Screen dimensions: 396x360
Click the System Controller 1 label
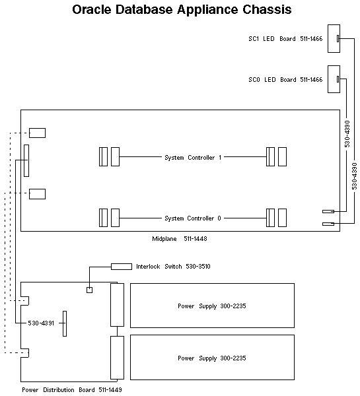[193, 157]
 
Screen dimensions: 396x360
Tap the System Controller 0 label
[193, 218]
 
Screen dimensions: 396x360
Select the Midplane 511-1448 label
[180, 238]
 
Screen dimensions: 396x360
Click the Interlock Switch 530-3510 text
[173, 267]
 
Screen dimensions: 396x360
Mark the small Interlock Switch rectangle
[121, 267]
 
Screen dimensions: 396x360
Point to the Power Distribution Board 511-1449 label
[71, 389]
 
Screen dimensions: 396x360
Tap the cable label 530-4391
[41, 323]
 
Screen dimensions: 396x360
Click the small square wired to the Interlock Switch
[90, 290]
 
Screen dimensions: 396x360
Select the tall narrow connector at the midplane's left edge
[26, 161]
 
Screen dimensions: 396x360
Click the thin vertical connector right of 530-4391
[65, 323]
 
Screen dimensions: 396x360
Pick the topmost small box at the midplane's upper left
[37, 133]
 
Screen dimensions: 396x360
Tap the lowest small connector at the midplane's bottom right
[328, 224]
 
